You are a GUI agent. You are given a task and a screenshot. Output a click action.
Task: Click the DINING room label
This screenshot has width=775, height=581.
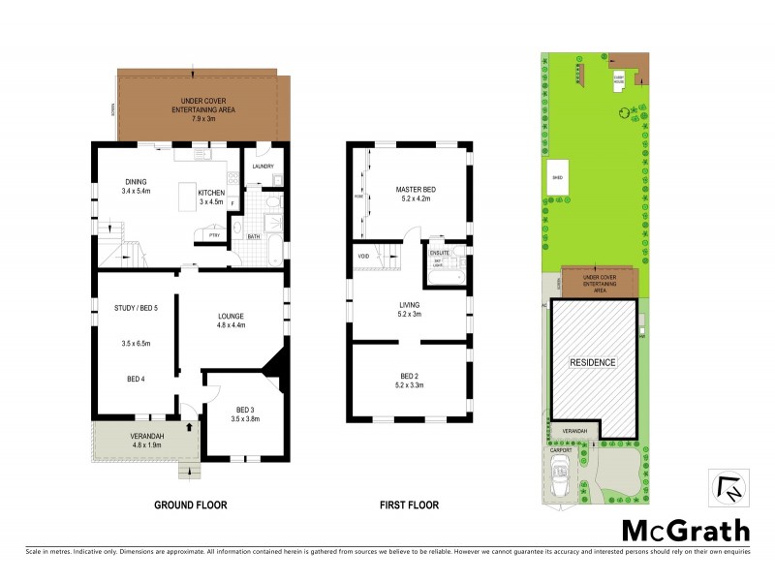tap(135, 181)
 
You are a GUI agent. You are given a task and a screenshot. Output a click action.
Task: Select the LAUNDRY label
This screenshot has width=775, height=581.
tap(263, 167)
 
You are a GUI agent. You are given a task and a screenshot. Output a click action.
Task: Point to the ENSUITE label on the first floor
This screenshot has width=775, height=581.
tap(440, 253)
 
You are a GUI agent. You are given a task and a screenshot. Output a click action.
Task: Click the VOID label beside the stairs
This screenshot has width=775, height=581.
tap(364, 256)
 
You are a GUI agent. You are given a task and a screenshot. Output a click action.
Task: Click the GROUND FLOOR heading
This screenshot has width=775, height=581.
tap(190, 505)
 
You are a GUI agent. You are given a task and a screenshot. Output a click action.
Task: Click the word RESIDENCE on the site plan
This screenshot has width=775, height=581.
tap(591, 362)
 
